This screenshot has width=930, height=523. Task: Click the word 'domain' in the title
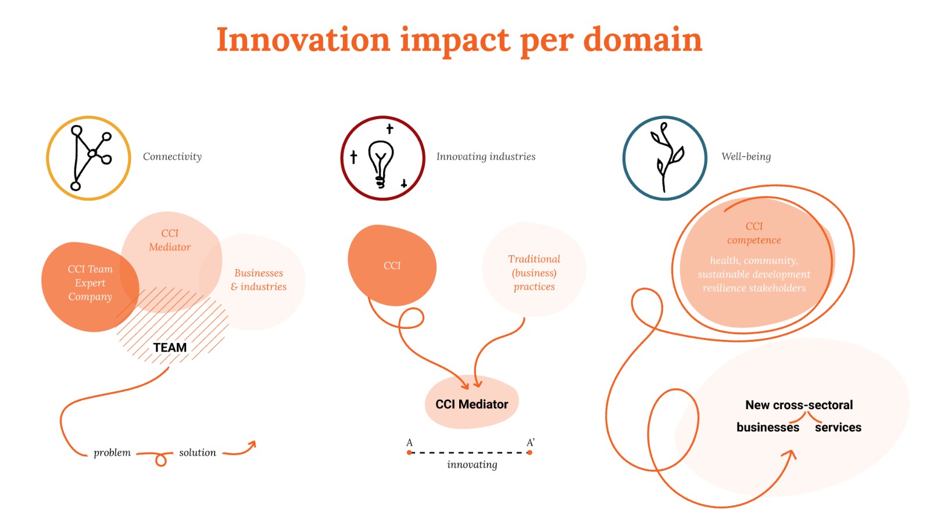coord(642,40)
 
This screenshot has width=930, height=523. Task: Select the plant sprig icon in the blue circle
coord(666,157)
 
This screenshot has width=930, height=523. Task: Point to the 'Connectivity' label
coord(172,156)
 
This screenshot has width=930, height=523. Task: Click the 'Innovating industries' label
coord(486,156)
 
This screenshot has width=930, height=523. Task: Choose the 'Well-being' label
coord(746,156)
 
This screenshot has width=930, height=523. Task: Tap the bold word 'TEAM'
coord(170,348)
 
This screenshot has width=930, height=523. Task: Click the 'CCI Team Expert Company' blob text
coord(90,283)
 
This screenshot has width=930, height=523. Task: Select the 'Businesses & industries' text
coord(259,280)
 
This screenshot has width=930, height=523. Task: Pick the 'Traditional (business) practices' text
coord(534,273)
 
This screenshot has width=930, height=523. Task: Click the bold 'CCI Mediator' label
coord(471,404)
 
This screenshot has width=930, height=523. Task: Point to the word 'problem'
coord(112,453)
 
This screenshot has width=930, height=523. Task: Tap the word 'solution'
coord(197,453)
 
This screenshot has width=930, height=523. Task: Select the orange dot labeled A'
coord(530,452)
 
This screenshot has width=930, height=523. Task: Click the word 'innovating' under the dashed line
coord(472,464)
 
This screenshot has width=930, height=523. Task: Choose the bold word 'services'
coord(838,427)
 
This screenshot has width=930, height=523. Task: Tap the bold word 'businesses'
coord(767,427)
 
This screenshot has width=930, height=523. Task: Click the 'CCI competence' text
coord(754,233)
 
